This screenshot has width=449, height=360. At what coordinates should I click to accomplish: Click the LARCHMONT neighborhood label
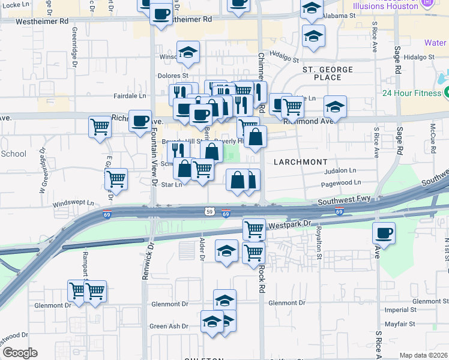click(301, 162)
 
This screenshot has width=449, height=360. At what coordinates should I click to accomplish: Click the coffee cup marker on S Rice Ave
click(384, 233)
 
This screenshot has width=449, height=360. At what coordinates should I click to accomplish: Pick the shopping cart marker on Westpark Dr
click(254, 229)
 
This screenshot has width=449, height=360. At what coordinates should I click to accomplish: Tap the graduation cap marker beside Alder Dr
click(226, 251)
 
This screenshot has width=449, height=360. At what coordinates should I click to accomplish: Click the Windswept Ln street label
click(74, 203)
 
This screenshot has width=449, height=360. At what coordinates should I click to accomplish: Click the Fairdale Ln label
click(130, 95)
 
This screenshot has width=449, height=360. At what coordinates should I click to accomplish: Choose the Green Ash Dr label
click(169, 326)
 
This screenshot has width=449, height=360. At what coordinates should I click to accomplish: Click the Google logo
click(19, 353)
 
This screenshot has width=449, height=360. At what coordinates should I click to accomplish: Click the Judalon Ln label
click(340, 171)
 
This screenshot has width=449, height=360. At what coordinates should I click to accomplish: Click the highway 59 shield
click(208, 211)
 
